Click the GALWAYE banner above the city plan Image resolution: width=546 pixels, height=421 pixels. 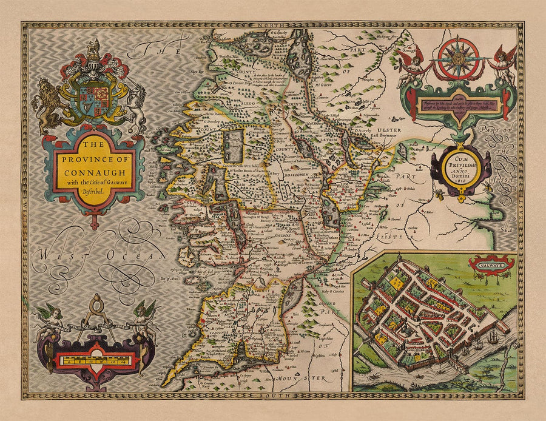[491, 263]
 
